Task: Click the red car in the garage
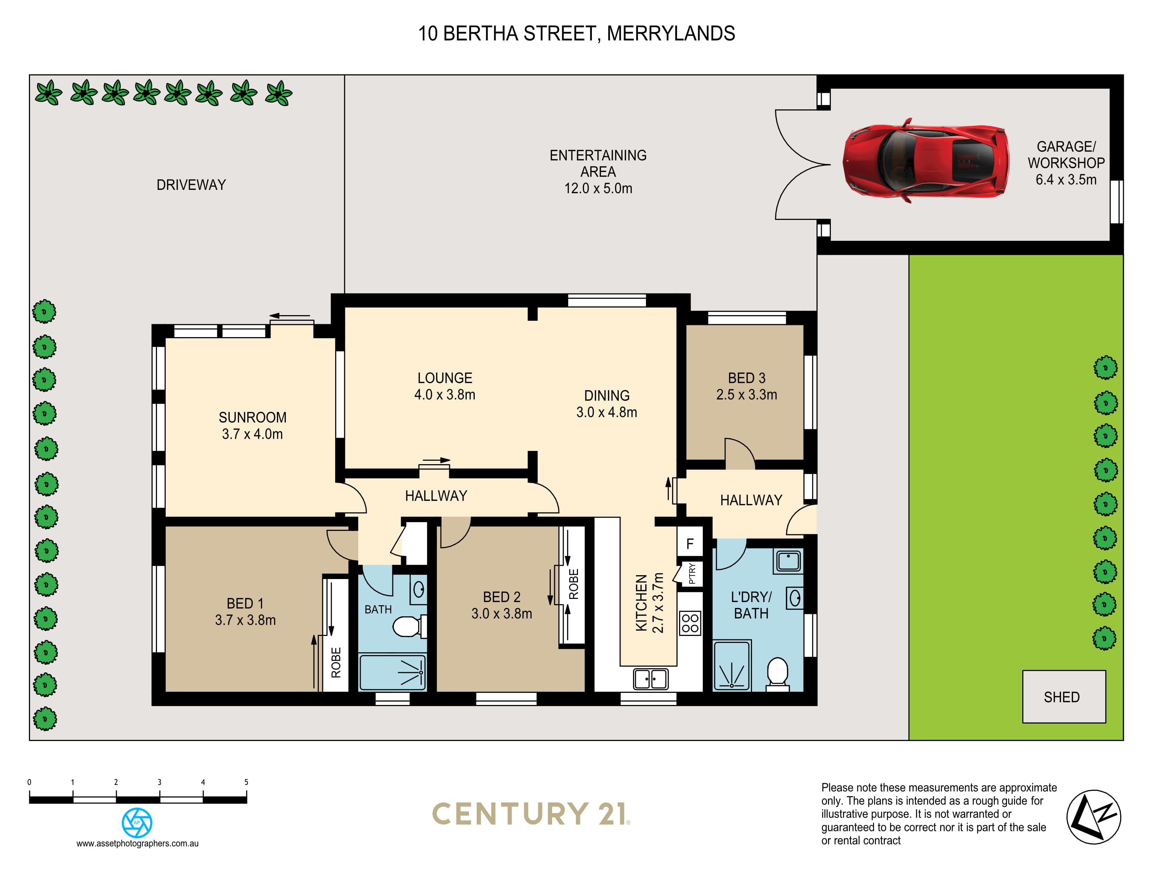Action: click(925, 160)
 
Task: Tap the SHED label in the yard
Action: click(1061, 697)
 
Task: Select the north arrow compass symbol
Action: click(1093, 817)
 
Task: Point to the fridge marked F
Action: click(690, 543)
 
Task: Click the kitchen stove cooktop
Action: click(690, 623)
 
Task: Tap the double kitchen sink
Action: click(651, 678)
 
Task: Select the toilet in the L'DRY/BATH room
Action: click(777, 674)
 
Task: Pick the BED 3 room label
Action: click(746, 378)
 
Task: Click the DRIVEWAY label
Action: click(191, 185)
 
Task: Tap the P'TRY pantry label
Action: click(692, 573)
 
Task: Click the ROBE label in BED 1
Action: click(336, 662)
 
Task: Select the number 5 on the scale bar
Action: click(246, 782)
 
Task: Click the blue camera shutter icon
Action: click(137, 823)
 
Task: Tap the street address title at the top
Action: click(576, 33)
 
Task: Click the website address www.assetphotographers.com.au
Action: click(137, 843)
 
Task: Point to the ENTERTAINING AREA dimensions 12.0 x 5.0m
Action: click(598, 188)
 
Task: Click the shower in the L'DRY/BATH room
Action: click(731, 665)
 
